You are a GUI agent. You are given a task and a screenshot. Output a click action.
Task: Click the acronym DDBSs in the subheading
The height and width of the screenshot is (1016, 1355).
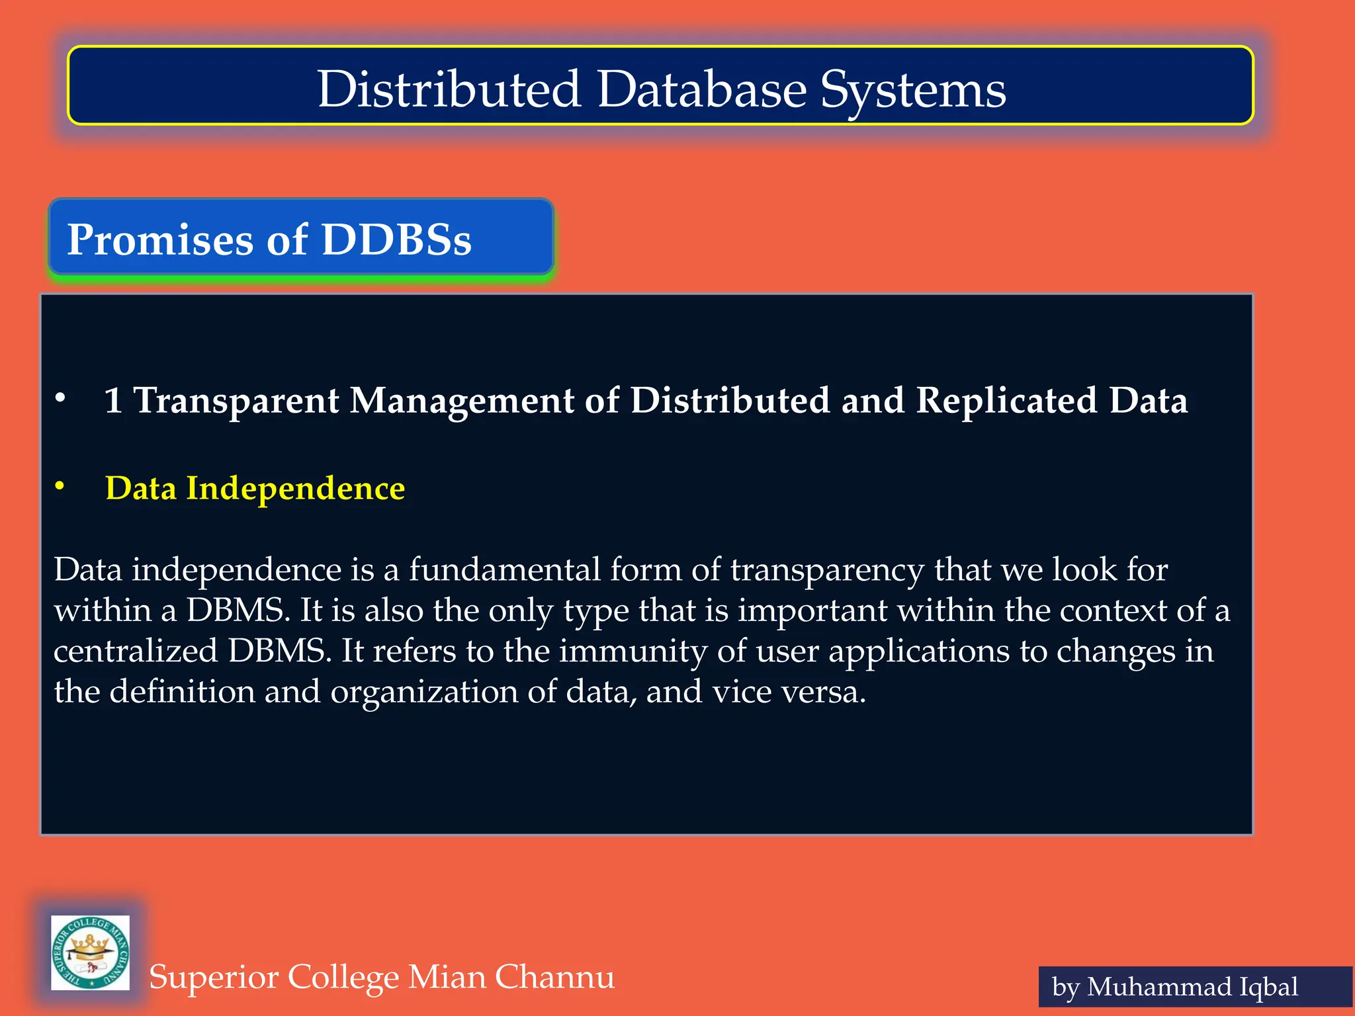pyautogui.click(x=396, y=239)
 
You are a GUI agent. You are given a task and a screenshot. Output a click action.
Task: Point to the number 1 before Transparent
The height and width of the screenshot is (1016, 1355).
pyautogui.click(x=113, y=401)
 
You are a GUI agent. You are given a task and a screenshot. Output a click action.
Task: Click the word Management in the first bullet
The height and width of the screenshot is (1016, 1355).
pyautogui.click(x=462, y=401)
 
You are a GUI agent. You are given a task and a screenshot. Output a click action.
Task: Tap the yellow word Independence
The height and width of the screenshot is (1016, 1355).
pyautogui.click(x=295, y=489)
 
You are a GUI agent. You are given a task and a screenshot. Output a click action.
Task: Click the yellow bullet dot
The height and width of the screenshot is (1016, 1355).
pyautogui.click(x=60, y=486)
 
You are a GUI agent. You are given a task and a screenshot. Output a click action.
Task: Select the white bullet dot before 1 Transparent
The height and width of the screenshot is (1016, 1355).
pyautogui.click(x=60, y=398)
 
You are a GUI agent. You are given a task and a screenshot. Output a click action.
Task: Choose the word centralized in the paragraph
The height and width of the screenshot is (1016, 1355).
pyautogui.click(x=136, y=651)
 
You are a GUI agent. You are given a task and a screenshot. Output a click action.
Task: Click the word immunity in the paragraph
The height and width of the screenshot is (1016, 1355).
pyautogui.click(x=633, y=652)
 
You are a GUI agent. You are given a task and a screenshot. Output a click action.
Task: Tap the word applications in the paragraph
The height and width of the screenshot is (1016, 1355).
pyautogui.click(x=919, y=652)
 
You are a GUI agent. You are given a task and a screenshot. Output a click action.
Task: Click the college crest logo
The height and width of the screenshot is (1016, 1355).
pyautogui.click(x=91, y=952)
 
